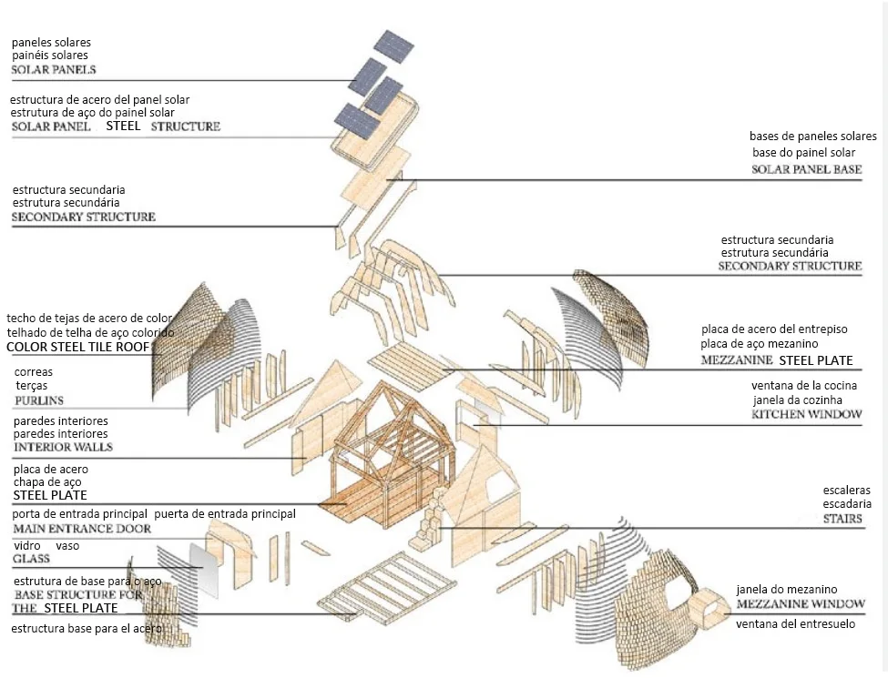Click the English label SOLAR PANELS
(54, 70)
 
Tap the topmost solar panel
(393, 46)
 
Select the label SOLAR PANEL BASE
(806, 170)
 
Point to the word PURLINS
(39, 400)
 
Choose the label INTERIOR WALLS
(63, 448)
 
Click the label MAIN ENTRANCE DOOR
(81, 529)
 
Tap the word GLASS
(31, 559)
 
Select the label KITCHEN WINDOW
(806, 415)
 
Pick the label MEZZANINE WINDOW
(801, 604)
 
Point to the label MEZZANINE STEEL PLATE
(777, 360)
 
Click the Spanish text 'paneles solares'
(51, 42)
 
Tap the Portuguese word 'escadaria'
(847, 504)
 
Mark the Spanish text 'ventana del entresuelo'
(795, 624)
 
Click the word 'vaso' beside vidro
(68, 545)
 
